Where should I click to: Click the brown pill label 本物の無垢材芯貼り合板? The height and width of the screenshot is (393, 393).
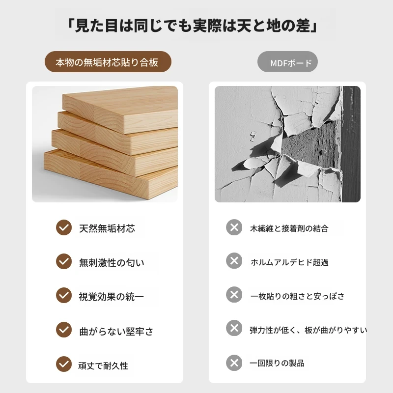click(x=108, y=62)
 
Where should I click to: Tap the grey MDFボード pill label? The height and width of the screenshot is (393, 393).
click(x=287, y=62)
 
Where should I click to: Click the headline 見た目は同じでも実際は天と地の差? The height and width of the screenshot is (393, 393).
click(x=192, y=26)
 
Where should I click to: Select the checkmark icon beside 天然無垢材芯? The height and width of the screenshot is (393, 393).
click(x=64, y=227)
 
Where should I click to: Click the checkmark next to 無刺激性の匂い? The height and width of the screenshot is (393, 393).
click(x=64, y=261)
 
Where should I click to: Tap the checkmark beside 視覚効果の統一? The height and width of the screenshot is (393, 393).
click(x=64, y=295)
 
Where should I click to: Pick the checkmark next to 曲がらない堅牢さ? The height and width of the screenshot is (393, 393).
click(x=64, y=330)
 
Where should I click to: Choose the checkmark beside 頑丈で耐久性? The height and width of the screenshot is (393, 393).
click(x=64, y=364)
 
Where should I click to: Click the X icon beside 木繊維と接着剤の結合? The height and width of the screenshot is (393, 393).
click(x=234, y=227)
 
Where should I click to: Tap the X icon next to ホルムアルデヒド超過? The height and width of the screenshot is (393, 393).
click(x=234, y=261)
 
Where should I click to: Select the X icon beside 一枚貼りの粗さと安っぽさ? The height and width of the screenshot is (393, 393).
click(x=234, y=294)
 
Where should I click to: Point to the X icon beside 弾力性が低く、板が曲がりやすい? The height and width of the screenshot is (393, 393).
click(x=234, y=328)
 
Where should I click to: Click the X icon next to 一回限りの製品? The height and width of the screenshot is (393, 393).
click(x=234, y=363)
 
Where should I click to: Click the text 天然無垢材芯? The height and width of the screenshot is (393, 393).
click(x=107, y=228)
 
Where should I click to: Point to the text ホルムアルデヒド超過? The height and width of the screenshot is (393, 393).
click(x=289, y=262)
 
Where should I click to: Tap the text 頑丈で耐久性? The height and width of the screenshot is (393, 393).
click(x=103, y=365)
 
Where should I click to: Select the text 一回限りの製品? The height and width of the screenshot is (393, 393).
click(x=277, y=363)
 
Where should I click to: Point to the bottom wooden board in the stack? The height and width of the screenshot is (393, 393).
click(x=110, y=175)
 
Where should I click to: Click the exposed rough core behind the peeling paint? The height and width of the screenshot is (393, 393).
click(x=311, y=143)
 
